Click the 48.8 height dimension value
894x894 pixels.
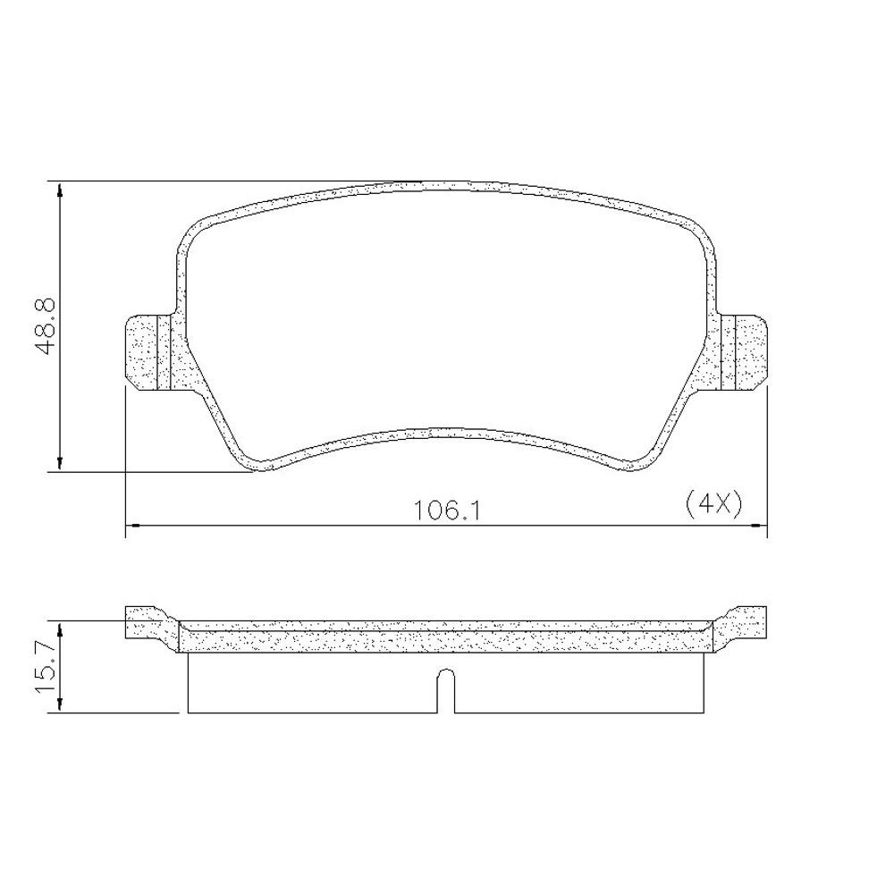tap(46, 326)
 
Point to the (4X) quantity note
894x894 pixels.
tap(713, 504)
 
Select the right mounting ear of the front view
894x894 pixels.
tap(747, 352)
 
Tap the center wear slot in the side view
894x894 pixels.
tap(445, 692)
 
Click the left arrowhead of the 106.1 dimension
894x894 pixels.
tap(131, 526)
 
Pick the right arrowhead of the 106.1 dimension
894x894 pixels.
tap(761, 526)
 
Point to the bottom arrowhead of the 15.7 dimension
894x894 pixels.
tap(60, 705)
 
